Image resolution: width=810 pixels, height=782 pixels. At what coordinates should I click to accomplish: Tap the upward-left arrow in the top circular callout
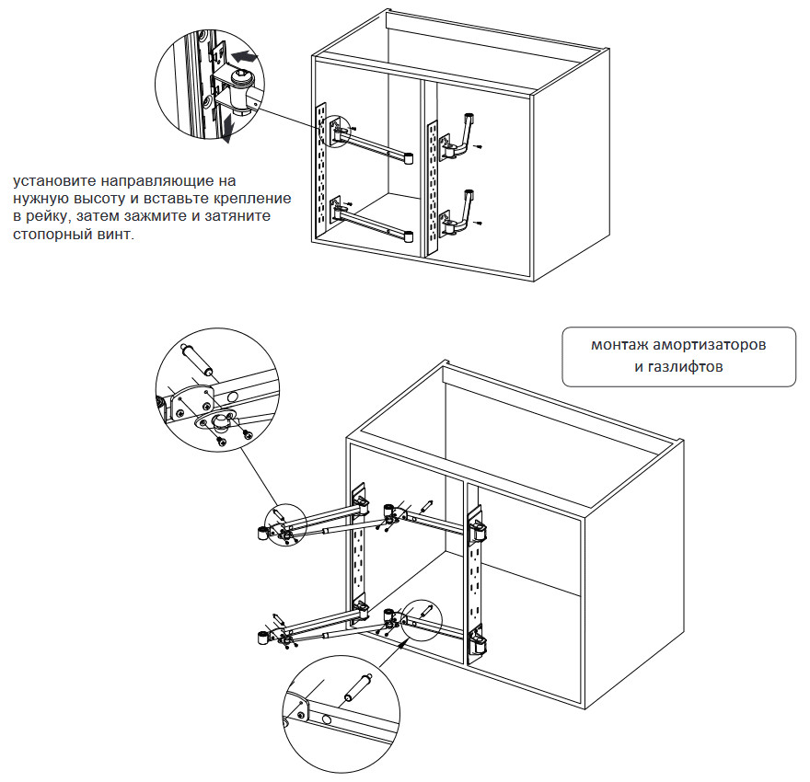click(245, 58)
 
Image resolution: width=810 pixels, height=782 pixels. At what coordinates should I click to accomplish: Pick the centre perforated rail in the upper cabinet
click(430, 184)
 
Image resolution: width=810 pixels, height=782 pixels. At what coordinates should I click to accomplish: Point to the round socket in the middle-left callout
click(221, 422)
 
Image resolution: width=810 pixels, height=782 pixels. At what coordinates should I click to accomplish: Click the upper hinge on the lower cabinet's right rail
click(480, 532)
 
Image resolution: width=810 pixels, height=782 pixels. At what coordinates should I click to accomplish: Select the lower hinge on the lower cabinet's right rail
click(480, 642)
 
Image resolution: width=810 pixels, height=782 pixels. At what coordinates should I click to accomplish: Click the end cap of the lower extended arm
click(262, 637)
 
